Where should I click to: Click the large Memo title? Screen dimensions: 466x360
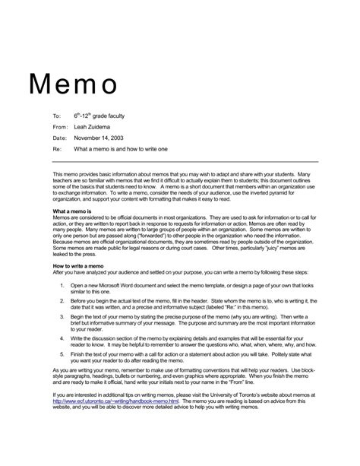tap(74, 82)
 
